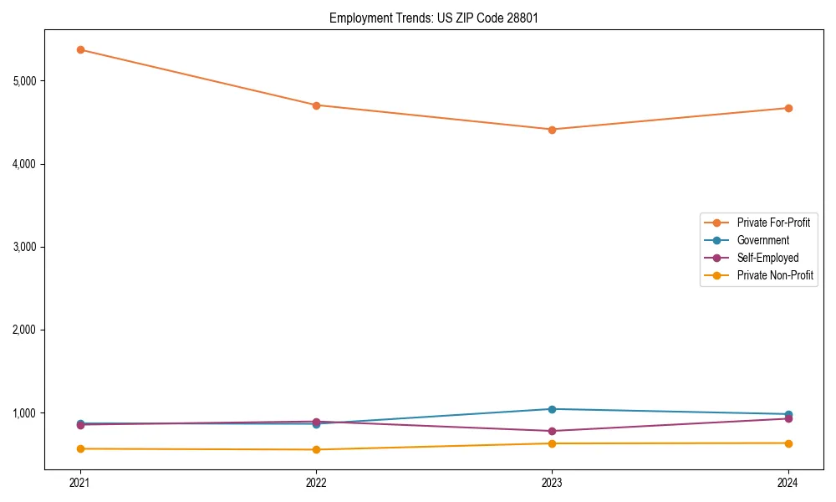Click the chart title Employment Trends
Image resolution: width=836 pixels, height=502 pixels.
coord(433,18)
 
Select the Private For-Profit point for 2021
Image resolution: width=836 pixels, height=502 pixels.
coord(80,49)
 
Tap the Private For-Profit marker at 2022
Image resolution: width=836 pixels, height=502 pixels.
coord(316,105)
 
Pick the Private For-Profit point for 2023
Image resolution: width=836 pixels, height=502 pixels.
coord(552,130)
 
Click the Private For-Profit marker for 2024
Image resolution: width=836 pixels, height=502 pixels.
coord(788,108)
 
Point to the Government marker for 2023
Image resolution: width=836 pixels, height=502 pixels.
coord(552,409)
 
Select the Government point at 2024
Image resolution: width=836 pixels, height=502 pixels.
coord(788,414)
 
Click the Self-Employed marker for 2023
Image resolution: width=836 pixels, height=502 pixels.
coord(552,431)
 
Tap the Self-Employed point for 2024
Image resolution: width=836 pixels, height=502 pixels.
coord(788,418)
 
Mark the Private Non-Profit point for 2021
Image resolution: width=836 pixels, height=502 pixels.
coord(80,448)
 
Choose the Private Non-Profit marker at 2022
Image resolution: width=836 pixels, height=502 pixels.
coord(316,449)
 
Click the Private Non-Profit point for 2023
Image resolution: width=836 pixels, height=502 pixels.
coord(552,443)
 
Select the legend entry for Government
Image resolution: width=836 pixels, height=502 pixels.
coord(762,240)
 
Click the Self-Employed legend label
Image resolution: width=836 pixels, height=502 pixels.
coord(767,258)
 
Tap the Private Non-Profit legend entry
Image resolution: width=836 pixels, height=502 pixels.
coord(775,275)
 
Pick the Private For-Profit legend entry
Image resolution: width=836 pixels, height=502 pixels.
coord(773,223)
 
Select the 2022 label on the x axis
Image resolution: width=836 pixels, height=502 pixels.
coord(316,483)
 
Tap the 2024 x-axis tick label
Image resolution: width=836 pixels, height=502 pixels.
coord(788,483)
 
